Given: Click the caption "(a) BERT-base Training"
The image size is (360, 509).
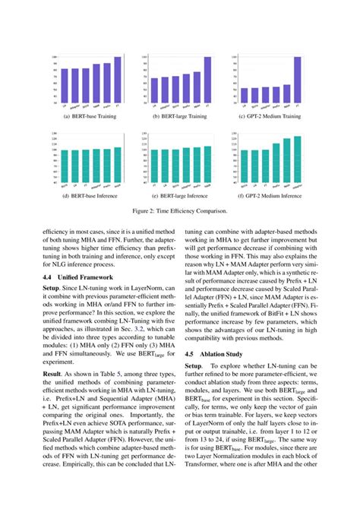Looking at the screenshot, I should pyautogui.click(x=90, y=116).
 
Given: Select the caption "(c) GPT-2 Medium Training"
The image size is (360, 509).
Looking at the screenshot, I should pyautogui.click(x=270, y=116).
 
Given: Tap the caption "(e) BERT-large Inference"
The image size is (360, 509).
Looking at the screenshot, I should pyautogui.click(x=180, y=196).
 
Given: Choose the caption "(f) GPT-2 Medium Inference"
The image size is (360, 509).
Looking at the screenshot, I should pyautogui.click(x=270, y=196).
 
